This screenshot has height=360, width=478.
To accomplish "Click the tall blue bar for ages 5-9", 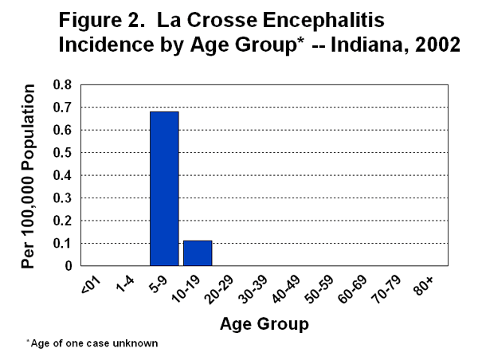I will coord(164,189).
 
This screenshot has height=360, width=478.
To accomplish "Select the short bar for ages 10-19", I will coord(198,253).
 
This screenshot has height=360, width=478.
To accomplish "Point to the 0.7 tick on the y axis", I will coord(61,107).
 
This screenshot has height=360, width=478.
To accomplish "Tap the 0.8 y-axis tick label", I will coord(61,84).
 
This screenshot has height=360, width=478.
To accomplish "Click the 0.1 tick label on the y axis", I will coord(61,243).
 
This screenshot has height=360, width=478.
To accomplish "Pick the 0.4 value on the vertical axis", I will coord(61,175).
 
